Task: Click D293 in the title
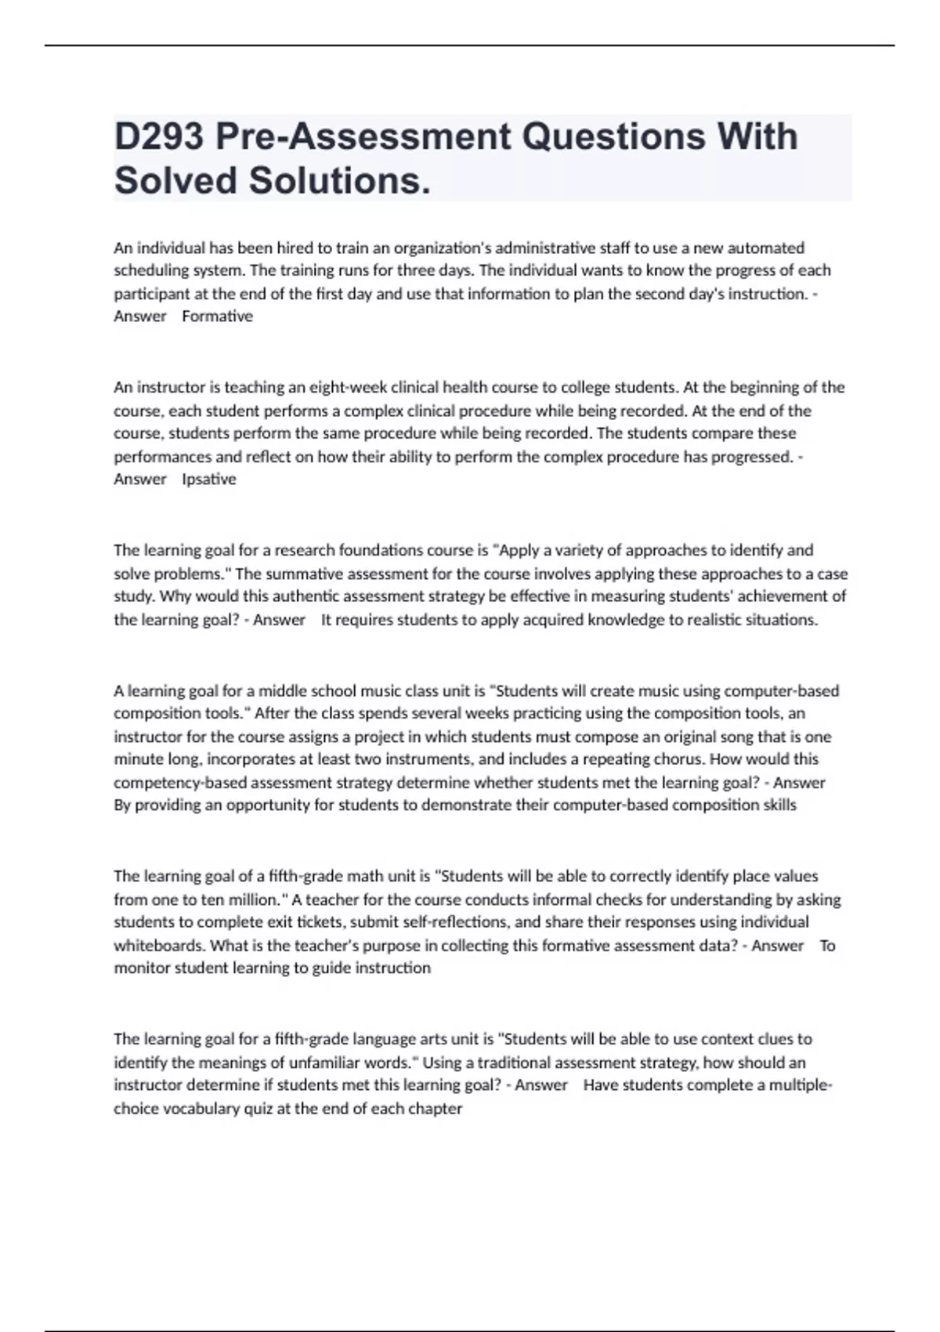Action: [159, 137]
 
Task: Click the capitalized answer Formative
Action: [217, 317]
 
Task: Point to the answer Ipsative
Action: [208, 480]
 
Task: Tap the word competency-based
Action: [169, 783]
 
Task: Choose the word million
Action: [255, 899]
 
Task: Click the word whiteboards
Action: [159, 946]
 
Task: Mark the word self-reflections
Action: [458, 922]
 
